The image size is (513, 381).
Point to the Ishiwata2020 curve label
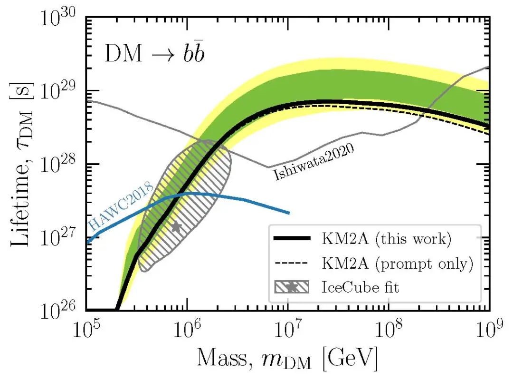pos(314,161)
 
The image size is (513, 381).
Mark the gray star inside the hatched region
pos(177,227)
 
